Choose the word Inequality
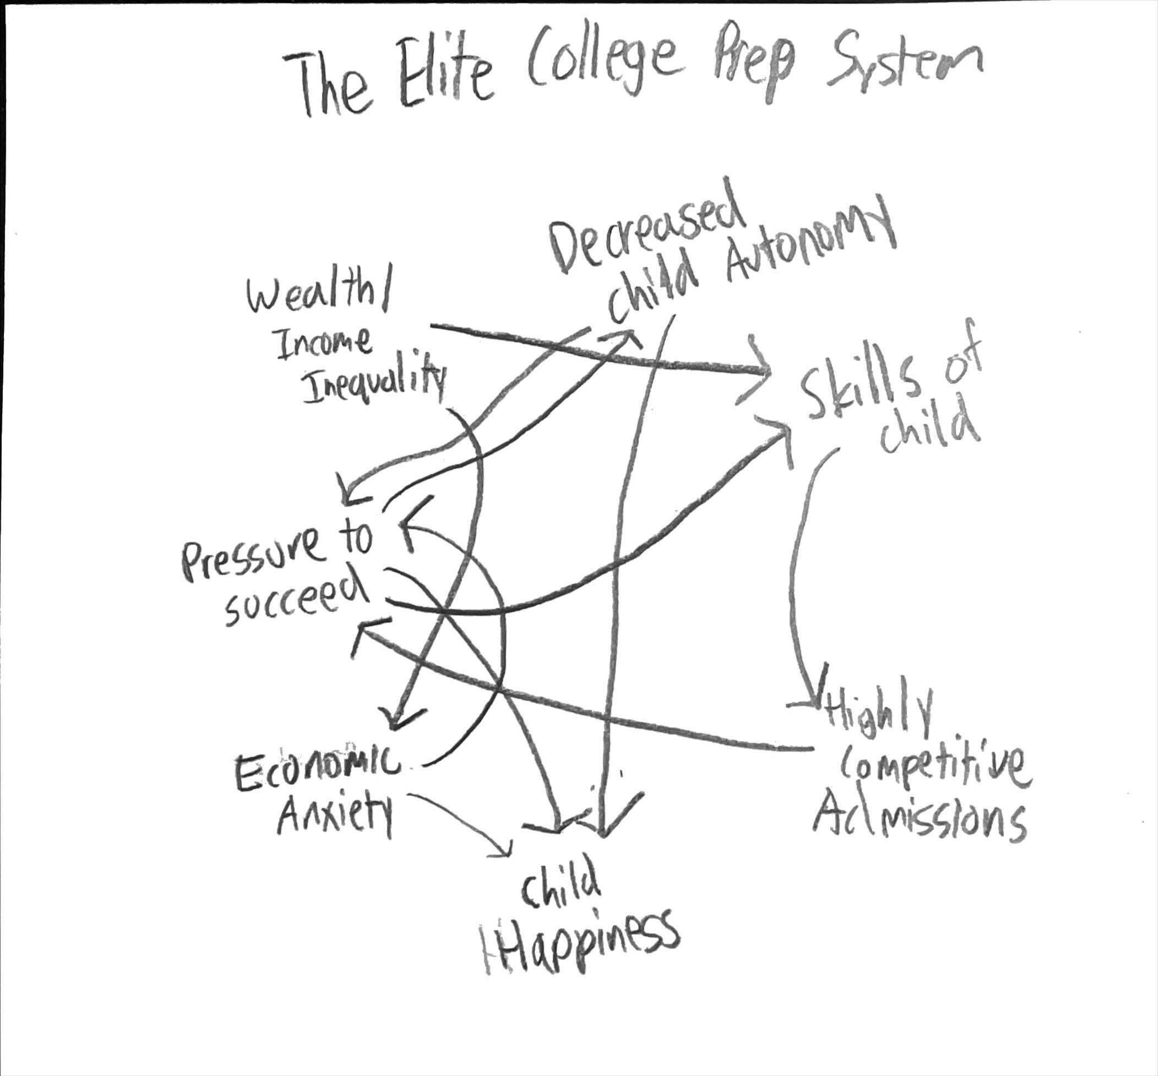[x=373, y=382]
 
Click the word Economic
[x=317, y=765]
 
